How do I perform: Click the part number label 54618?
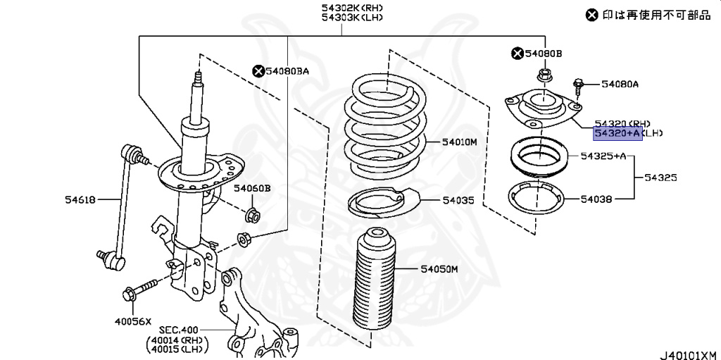80,200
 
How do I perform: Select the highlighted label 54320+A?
618,132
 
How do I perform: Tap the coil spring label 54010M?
460,142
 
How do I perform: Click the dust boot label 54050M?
440,268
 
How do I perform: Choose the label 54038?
596,200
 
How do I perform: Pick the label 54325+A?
603,156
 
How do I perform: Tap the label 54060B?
252,188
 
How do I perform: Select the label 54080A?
620,85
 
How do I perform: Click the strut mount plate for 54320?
542,107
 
